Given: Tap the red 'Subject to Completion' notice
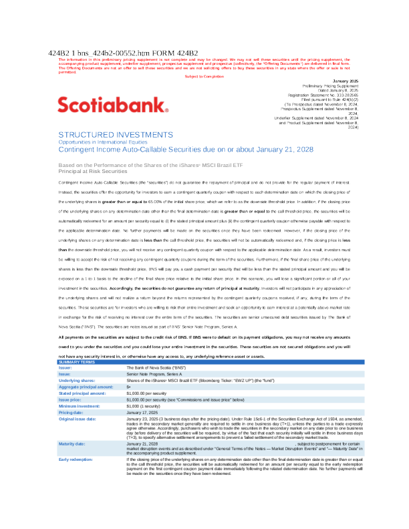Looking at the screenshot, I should (204, 76).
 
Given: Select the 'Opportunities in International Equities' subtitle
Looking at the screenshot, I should (102, 142).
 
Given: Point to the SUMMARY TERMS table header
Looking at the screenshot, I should (78, 361).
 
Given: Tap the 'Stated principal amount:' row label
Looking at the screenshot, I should (83, 393).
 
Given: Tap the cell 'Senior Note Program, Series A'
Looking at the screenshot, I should (155, 374).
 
